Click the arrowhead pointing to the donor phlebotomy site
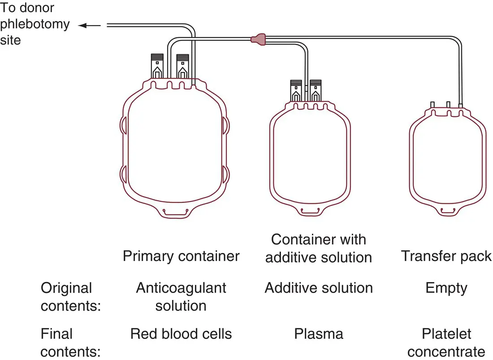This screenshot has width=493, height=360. click(82, 26)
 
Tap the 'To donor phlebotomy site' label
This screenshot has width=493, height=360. click(35, 23)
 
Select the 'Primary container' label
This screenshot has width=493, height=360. click(181, 256)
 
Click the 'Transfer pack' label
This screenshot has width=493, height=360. click(446, 256)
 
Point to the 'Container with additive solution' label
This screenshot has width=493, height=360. click(319, 249)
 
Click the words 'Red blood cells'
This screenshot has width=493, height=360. click(181, 334)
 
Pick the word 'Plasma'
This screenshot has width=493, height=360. click(319, 334)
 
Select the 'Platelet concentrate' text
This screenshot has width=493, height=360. click(446, 343)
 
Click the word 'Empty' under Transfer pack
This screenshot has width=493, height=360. click(446, 288)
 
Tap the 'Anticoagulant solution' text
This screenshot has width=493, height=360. click(181, 296)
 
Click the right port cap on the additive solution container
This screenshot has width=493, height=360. click(316, 90)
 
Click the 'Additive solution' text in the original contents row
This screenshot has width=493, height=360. click(319, 288)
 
